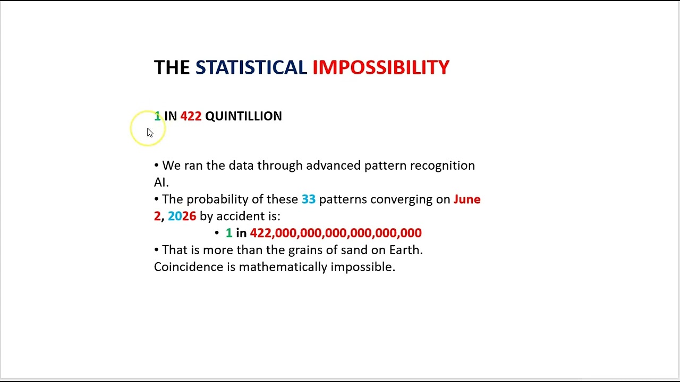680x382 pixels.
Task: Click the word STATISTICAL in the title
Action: click(251, 67)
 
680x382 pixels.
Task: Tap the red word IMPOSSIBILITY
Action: click(381, 67)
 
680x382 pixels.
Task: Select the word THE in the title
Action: click(172, 67)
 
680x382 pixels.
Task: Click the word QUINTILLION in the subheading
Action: click(243, 116)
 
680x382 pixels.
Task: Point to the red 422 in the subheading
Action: click(191, 116)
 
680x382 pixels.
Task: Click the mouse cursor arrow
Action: click(150, 133)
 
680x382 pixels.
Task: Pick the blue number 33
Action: click(309, 199)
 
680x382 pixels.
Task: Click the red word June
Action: click(467, 199)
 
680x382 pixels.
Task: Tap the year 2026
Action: click(182, 216)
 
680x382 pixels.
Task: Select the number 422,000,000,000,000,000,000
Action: click(336, 233)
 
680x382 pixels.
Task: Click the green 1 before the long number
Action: click(229, 233)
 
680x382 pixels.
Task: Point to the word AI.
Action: click(161, 183)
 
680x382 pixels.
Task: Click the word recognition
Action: click(443, 166)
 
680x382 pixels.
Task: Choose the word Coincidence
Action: click(189, 267)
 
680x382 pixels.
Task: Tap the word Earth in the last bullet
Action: click(406, 250)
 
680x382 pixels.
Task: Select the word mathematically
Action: click(283, 267)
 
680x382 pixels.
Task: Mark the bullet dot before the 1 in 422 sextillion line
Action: click(217, 233)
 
